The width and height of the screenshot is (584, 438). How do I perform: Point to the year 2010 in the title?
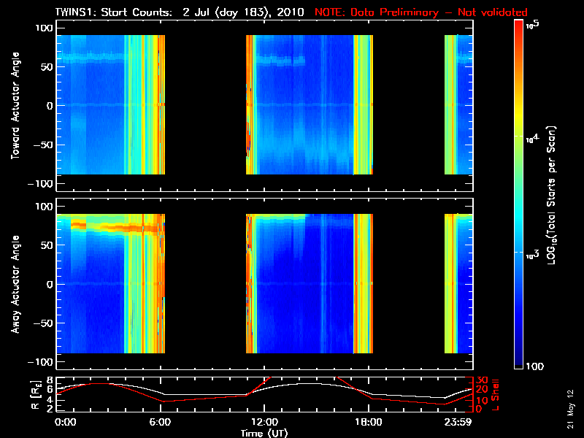click(x=290, y=12)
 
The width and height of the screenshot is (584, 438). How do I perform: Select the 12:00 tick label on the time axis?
click(x=264, y=422)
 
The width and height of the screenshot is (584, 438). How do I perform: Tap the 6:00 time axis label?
click(x=160, y=422)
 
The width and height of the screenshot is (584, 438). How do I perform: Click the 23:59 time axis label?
click(x=458, y=422)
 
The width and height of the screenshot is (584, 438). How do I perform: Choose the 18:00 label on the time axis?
click(x=369, y=422)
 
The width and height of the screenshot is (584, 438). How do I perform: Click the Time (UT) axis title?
click(x=264, y=433)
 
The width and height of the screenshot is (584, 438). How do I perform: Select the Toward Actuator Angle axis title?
click(x=15, y=105)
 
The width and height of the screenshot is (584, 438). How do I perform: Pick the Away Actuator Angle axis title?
click(x=15, y=284)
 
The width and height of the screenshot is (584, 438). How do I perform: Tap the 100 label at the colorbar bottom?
click(x=534, y=366)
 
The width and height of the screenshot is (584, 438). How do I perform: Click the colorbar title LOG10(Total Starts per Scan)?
click(x=551, y=195)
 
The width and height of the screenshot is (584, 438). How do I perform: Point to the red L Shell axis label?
click(x=495, y=395)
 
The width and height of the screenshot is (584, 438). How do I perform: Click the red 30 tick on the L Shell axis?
click(x=482, y=380)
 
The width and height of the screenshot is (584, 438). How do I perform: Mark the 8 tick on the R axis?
click(x=50, y=380)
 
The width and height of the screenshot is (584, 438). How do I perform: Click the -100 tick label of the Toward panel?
click(x=42, y=184)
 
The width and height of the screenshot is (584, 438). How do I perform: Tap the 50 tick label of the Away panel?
click(x=47, y=245)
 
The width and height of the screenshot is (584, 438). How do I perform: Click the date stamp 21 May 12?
click(x=570, y=409)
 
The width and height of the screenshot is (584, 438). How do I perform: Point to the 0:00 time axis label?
click(x=65, y=422)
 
